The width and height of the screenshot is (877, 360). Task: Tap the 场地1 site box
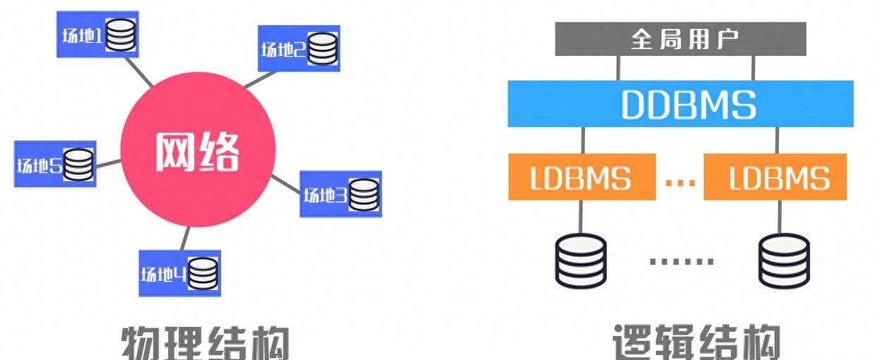pyautogui.click(x=97, y=34)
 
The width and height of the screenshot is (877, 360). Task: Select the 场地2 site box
pyautogui.click(x=299, y=49)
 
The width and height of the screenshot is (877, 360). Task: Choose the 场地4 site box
pyautogui.click(x=179, y=272)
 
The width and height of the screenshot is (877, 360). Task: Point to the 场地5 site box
pyautogui.click(x=55, y=164)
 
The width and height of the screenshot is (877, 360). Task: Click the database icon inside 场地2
pyautogui.click(x=323, y=49)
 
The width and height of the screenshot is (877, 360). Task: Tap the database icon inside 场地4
pyautogui.click(x=203, y=272)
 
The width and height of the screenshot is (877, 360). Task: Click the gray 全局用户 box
pyautogui.click(x=680, y=39)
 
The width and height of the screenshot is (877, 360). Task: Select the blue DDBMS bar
pyautogui.click(x=680, y=104)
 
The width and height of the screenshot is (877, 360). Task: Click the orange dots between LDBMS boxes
pyautogui.click(x=680, y=181)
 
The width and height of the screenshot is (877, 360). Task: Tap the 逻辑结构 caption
pyautogui.click(x=696, y=344)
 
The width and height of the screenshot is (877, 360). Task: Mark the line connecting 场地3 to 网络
pyautogui.click(x=286, y=182)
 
